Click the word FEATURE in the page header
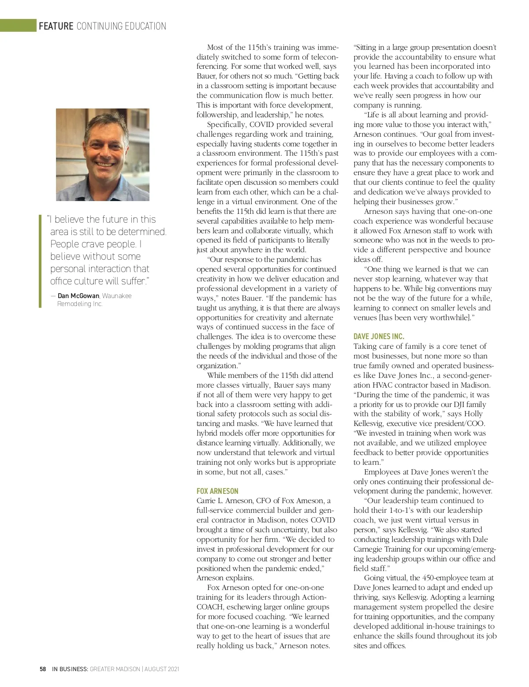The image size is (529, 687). pyautogui.click(x=56, y=26)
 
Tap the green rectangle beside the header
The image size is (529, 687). pyautogui.click(x=18, y=26)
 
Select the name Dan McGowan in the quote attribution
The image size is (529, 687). pyautogui.click(x=78, y=296)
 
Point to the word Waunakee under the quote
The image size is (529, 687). pyautogui.click(x=117, y=296)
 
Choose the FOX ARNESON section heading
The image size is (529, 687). pyautogui.click(x=217, y=491)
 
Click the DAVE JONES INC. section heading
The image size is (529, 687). pyautogui.click(x=379, y=336)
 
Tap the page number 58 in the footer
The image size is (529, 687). pyautogui.click(x=43, y=669)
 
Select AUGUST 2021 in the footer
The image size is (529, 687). pyautogui.click(x=162, y=669)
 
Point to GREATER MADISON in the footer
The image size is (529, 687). pyautogui.click(x=115, y=669)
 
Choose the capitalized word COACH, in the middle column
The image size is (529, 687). pyautogui.click(x=210, y=607)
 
